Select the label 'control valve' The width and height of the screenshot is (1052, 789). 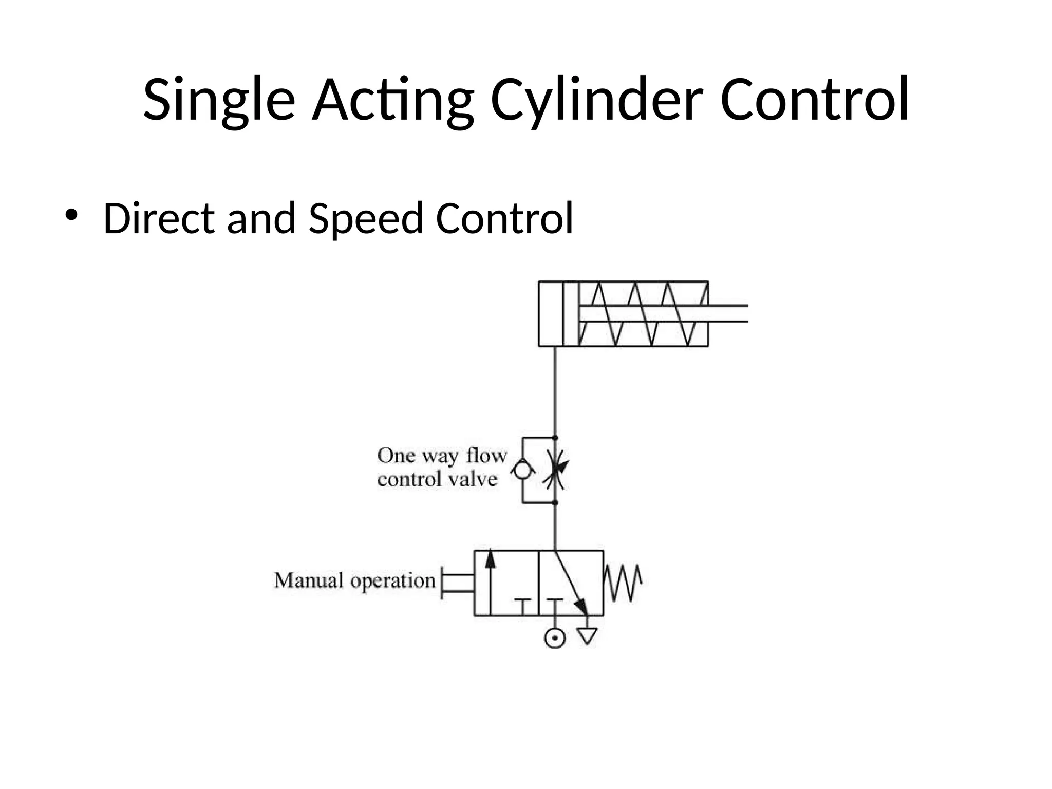tap(437, 480)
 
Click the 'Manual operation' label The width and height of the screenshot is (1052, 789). tap(355, 581)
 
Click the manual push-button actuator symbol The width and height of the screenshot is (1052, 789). tap(457, 583)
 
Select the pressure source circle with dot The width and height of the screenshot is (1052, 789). tap(555, 638)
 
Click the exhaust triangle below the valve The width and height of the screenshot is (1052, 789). tap(587, 636)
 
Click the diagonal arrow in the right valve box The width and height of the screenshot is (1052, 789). tap(572, 583)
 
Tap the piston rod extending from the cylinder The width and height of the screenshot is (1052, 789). tap(727, 314)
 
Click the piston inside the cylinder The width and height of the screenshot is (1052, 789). tap(571, 314)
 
